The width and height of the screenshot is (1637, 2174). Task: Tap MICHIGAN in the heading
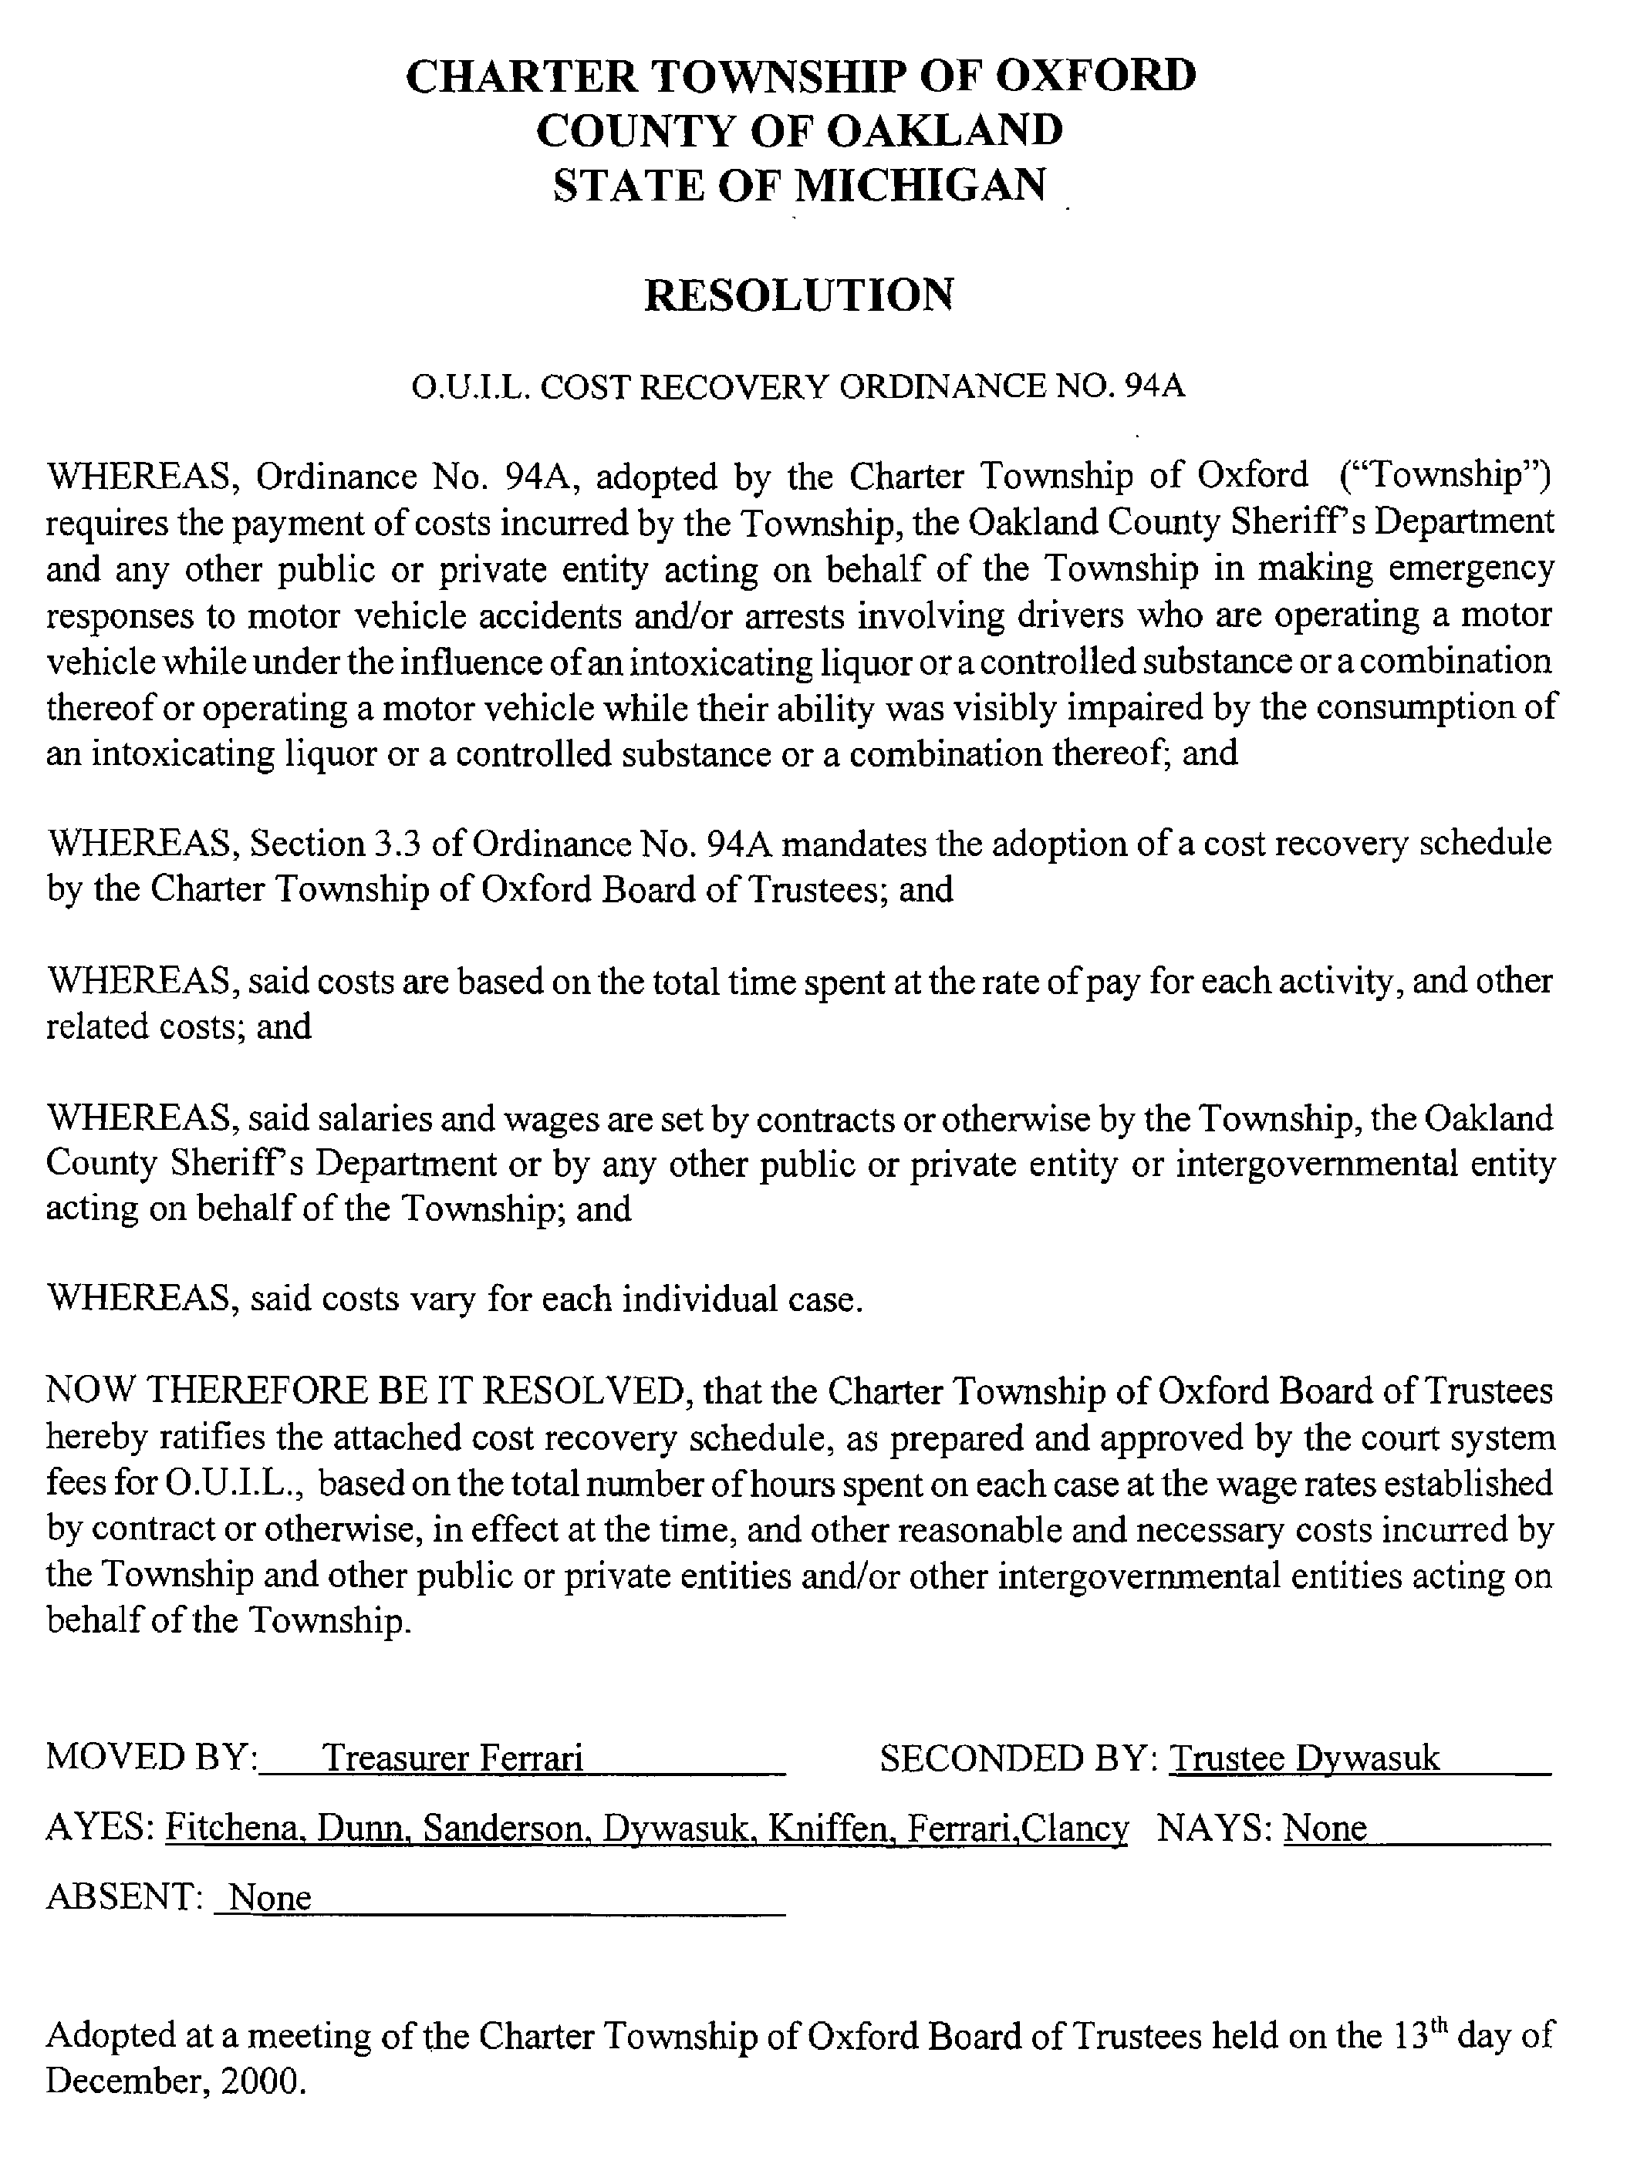[920, 186]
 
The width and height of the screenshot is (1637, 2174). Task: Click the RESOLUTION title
[798, 295]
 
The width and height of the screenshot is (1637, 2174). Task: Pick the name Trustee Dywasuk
[1305, 1758]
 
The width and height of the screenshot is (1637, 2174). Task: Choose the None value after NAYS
[1325, 1827]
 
